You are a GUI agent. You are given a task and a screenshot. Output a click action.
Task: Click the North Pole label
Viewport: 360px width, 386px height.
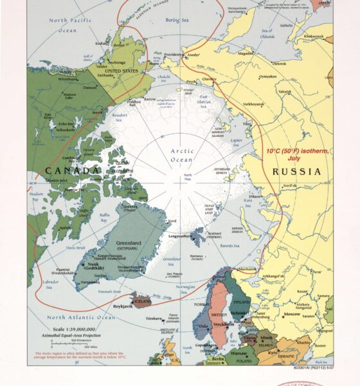[188, 178]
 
